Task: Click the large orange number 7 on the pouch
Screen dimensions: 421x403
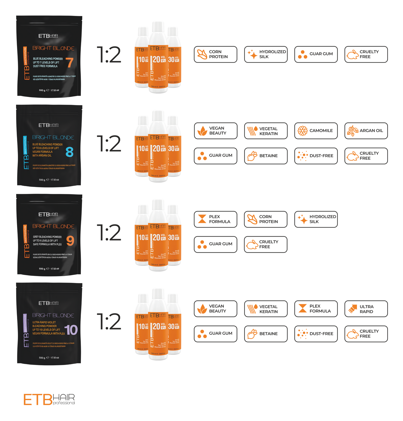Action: (x=69, y=63)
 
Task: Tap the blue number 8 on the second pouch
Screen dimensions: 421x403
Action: (x=69, y=152)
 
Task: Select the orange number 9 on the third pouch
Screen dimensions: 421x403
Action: (x=70, y=241)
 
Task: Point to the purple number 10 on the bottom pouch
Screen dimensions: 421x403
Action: (x=71, y=330)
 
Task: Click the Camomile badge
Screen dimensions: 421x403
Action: (x=316, y=131)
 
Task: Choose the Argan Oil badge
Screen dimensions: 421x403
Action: (x=366, y=131)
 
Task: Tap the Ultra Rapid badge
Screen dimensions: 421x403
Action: (x=366, y=309)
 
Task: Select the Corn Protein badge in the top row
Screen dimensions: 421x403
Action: (x=215, y=54)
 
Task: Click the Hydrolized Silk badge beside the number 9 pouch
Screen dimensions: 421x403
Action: (x=316, y=219)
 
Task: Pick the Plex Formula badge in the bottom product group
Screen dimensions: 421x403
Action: (x=316, y=309)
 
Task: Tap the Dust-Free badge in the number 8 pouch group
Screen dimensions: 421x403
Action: (x=316, y=156)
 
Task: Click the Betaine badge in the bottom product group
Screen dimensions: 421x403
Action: (x=266, y=334)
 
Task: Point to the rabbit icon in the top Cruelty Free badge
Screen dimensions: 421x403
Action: (x=353, y=55)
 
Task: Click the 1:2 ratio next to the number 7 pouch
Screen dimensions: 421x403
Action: (x=109, y=55)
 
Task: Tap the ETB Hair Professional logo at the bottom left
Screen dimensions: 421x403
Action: (x=49, y=399)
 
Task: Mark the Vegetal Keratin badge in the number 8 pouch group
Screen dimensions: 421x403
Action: (x=266, y=131)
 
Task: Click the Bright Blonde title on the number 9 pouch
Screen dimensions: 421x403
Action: (x=53, y=226)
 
